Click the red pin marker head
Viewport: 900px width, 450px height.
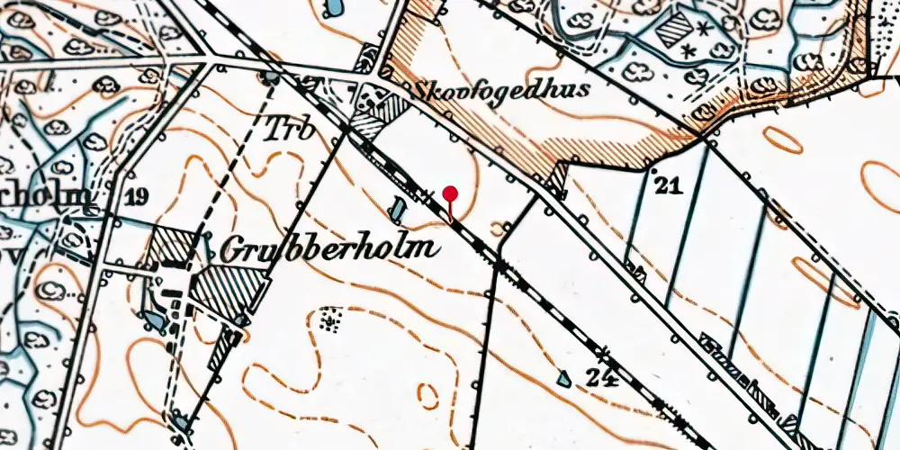(x=451, y=193)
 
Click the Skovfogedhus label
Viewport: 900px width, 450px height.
(x=501, y=89)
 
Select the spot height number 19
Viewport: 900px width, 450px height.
(x=137, y=197)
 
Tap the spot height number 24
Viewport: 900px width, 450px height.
(x=602, y=378)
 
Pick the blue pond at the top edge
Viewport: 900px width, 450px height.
(x=330, y=9)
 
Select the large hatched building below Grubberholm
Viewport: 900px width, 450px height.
(x=232, y=290)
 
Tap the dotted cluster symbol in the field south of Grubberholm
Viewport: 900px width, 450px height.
(x=330, y=319)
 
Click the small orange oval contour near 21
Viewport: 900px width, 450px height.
(x=784, y=139)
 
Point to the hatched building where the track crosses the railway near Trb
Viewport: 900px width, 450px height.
(x=370, y=125)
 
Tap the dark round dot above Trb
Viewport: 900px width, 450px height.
(x=269, y=78)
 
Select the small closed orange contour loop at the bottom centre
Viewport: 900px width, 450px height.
(x=428, y=394)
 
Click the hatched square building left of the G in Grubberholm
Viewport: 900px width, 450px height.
(x=171, y=246)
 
